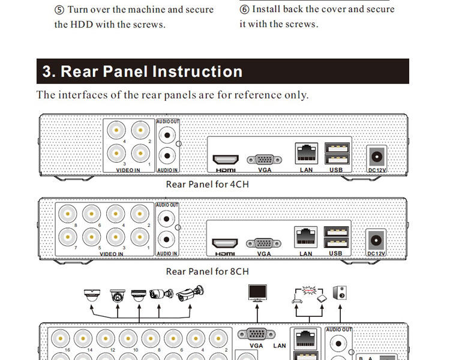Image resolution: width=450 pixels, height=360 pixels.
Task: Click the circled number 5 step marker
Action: (x=59, y=10)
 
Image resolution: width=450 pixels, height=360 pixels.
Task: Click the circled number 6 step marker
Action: (x=245, y=10)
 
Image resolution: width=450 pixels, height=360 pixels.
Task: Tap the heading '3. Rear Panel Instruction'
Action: (x=143, y=71)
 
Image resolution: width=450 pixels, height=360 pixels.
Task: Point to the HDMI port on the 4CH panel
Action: (x=226, y=160)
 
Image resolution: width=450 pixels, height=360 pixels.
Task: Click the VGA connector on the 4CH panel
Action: (x=265, y=160)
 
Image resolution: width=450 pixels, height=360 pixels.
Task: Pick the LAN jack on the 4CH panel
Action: (x=306, y=153)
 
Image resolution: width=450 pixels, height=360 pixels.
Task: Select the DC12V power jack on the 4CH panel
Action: (x=377, y=157)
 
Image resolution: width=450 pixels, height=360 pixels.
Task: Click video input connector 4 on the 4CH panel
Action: (x=116, y=130)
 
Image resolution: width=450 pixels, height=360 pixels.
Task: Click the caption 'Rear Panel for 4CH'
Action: (x=207, y=185)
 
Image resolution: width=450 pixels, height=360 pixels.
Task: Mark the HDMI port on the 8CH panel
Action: (x=226, y=244)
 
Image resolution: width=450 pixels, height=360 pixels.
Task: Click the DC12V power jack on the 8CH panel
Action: (x=377, y=240)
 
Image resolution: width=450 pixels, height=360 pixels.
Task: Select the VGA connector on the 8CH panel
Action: (x=265, y=244)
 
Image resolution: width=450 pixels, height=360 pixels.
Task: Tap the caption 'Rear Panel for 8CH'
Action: (x=207, y=271)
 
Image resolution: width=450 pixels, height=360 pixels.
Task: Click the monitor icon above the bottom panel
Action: (x=258, y=293)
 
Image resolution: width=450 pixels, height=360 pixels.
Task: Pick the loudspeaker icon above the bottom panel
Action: (x=341, y=293)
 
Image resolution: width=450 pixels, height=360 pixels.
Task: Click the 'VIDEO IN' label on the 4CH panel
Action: (x=128, y=170)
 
